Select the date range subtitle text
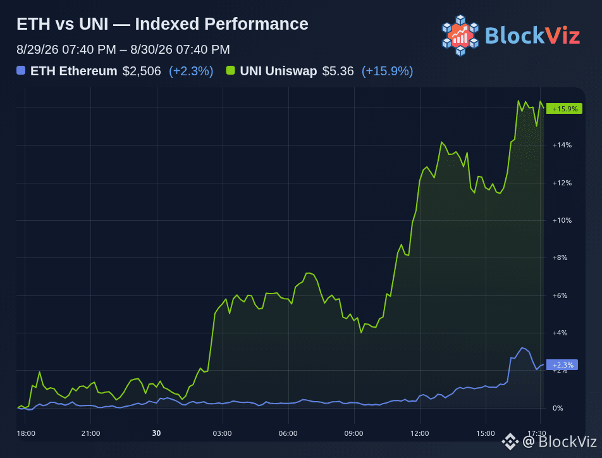(123, 49)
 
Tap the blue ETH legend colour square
(21, 70)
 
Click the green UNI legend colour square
(230, 70)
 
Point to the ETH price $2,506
(142, 71)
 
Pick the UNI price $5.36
(338, 71)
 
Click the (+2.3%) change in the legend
(191, 71)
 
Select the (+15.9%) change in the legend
(388, 71)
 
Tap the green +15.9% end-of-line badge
(564, 109)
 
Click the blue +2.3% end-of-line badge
(562, 364)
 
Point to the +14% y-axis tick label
(562, 145)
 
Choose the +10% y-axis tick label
(562, 220)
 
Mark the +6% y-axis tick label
(560, 295)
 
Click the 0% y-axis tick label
(558, 408)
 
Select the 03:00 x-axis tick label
(223, 433)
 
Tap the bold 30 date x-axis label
(156, 433)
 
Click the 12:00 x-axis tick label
(420, 433)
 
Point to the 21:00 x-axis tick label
(90, 433)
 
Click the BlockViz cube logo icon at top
(460, 35)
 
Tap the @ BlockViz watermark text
(560, 442)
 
